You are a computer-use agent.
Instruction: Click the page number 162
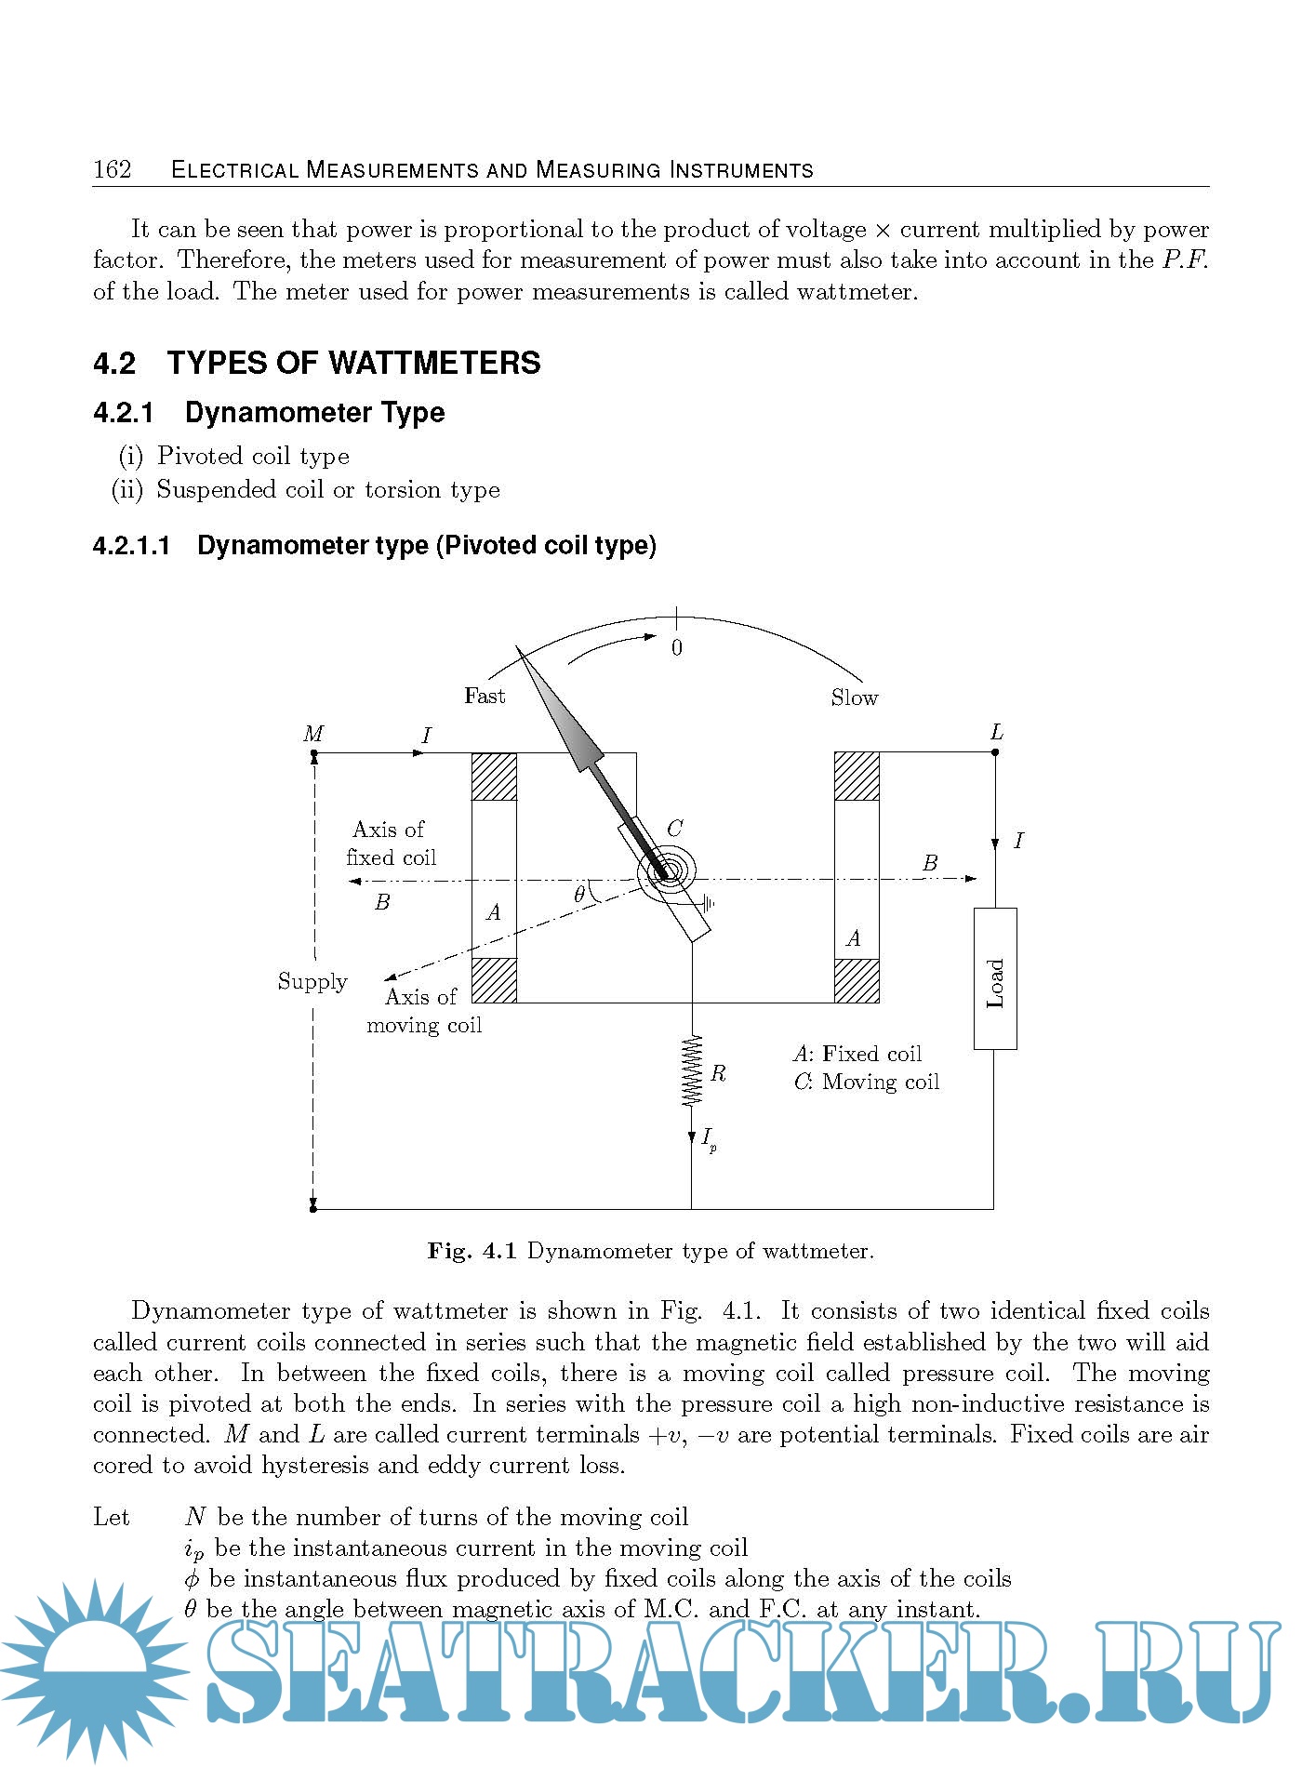point(113,169)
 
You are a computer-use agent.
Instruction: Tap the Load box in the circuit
point(995,978)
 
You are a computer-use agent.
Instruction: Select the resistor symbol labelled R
point(692,1071)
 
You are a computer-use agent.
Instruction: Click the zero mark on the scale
point(677,648)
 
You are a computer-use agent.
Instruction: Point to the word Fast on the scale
point(485,696)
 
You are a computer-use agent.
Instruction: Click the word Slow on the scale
point(854,697)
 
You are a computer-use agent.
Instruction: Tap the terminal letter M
point(313,734)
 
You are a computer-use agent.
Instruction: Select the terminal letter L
point(997,732)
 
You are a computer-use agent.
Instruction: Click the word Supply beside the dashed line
point(312,981)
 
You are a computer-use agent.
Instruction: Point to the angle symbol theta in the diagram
point(579,895)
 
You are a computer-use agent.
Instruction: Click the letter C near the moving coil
point(675,828)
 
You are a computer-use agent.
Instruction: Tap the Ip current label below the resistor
point(708,1138)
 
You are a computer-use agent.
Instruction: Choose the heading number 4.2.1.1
point(132,546)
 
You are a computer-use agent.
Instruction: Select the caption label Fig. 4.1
point(472,1251)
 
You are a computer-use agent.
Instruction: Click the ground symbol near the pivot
point(709,902)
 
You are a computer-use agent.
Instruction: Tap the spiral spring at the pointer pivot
point(668,872)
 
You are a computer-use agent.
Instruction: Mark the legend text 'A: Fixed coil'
point(857,1054)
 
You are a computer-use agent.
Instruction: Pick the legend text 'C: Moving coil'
point(866,1082)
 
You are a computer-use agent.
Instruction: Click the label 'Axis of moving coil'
point(423,1011)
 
